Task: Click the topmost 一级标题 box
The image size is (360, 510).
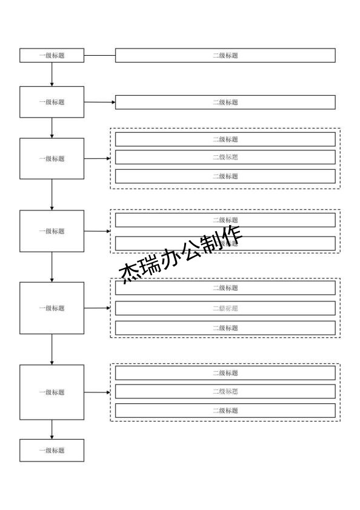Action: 52,55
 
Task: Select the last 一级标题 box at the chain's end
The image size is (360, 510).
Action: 52,451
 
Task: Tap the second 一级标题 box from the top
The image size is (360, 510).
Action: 52,102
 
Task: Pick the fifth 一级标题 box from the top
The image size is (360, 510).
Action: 52,308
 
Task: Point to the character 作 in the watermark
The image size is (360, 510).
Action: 232,235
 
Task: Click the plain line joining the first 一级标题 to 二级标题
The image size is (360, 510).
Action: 99,55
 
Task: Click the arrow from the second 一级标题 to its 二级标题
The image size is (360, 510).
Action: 99,102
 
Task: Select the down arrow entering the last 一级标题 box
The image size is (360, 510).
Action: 52,429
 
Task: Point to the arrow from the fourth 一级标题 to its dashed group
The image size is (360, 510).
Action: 97,231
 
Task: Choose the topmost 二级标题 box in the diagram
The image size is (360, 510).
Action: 225,55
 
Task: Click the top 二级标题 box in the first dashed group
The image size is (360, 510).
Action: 225,139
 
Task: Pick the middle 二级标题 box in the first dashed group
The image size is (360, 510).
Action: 225,157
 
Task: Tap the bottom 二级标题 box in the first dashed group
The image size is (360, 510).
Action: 225,176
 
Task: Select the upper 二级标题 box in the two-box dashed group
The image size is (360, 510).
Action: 225,220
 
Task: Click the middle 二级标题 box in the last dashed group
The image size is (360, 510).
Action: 225,391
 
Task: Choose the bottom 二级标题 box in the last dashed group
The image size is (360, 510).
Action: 225,411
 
